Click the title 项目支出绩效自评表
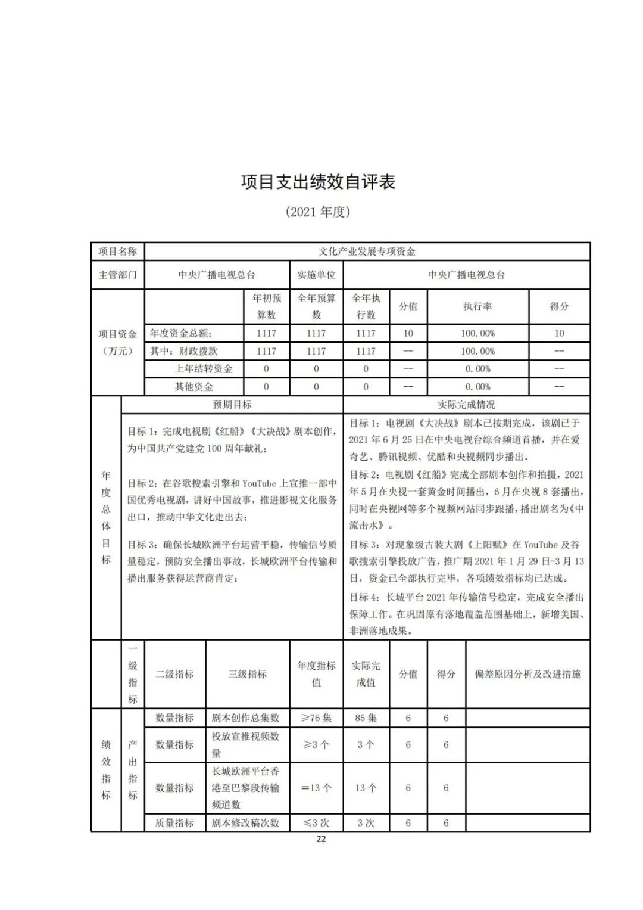tap(318, 182)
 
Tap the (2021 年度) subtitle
tap(318, 212)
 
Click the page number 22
tap(321, 839)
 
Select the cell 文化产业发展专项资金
tap(367, 251)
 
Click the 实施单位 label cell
tap(316, 275)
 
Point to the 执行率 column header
tap(477, 306)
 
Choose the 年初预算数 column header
tap(266, 306)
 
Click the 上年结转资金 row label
tap(203, 369)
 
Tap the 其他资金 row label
tap(193, 387)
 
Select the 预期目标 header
tap(232, 405)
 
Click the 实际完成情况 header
tap(466, 405)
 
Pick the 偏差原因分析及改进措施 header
tap(527, 674)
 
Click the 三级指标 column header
tap(247, 674)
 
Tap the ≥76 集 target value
tap(316, 718)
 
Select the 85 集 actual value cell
tap(366, 718)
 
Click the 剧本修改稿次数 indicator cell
tap(245, 823)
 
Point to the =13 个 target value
tap(316, 788)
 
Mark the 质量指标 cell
tap(174, 823)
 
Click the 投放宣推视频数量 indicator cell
tap(245, 744)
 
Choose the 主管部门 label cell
tap(117, 275)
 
